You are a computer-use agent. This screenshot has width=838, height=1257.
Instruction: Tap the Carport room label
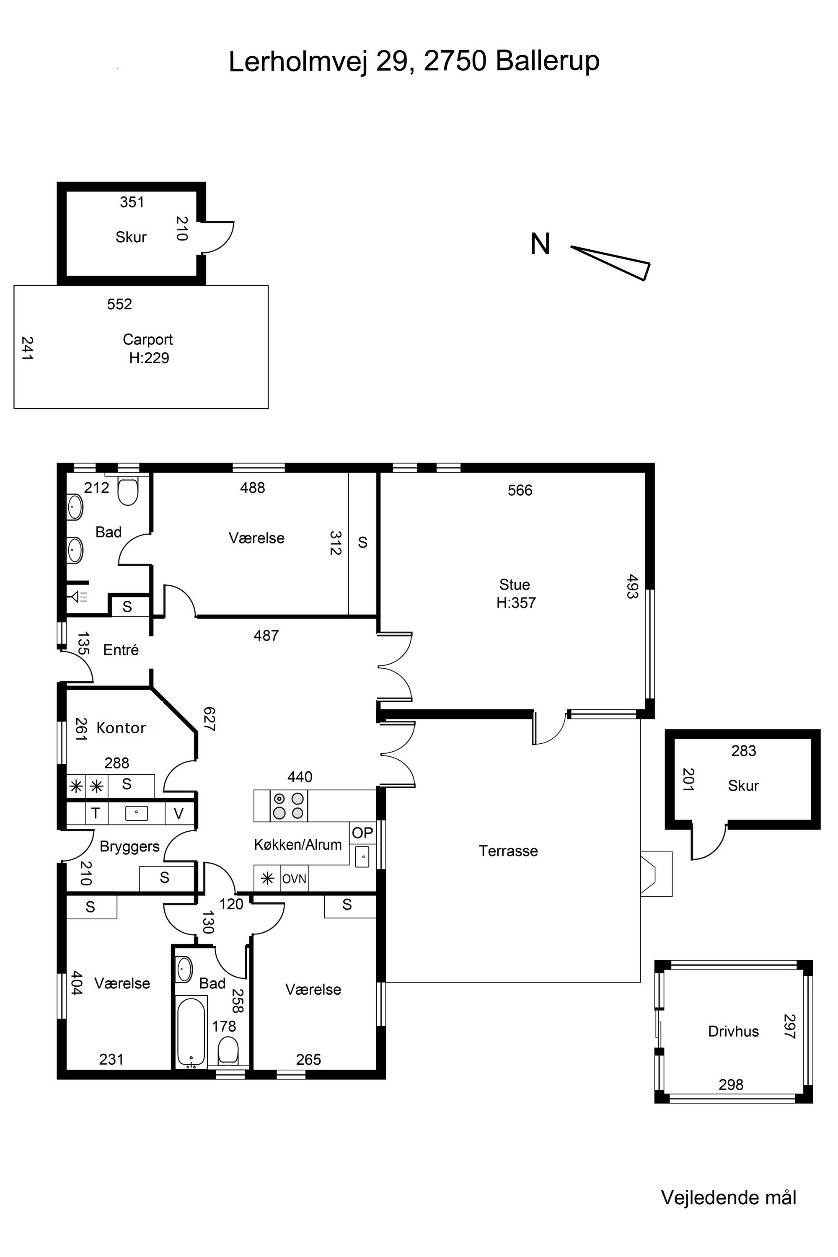pos(147,339)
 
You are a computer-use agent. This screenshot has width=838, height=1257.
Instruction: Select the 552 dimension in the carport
pos(119,304)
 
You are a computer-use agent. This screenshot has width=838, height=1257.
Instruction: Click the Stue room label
pos(515,584)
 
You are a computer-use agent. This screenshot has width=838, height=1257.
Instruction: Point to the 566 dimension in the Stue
pos(520,490)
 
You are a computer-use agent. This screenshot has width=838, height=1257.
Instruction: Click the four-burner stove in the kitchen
pos(289,806)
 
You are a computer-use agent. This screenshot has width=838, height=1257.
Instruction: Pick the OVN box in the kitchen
pos(294,879)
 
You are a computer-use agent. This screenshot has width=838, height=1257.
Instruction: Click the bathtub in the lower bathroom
pos(190,1032)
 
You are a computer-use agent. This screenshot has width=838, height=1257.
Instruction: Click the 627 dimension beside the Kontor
pos(209,719)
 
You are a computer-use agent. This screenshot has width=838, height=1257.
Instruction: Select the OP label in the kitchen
pos(362,833)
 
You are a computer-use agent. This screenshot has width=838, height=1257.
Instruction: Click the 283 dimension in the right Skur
pos(743,751)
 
